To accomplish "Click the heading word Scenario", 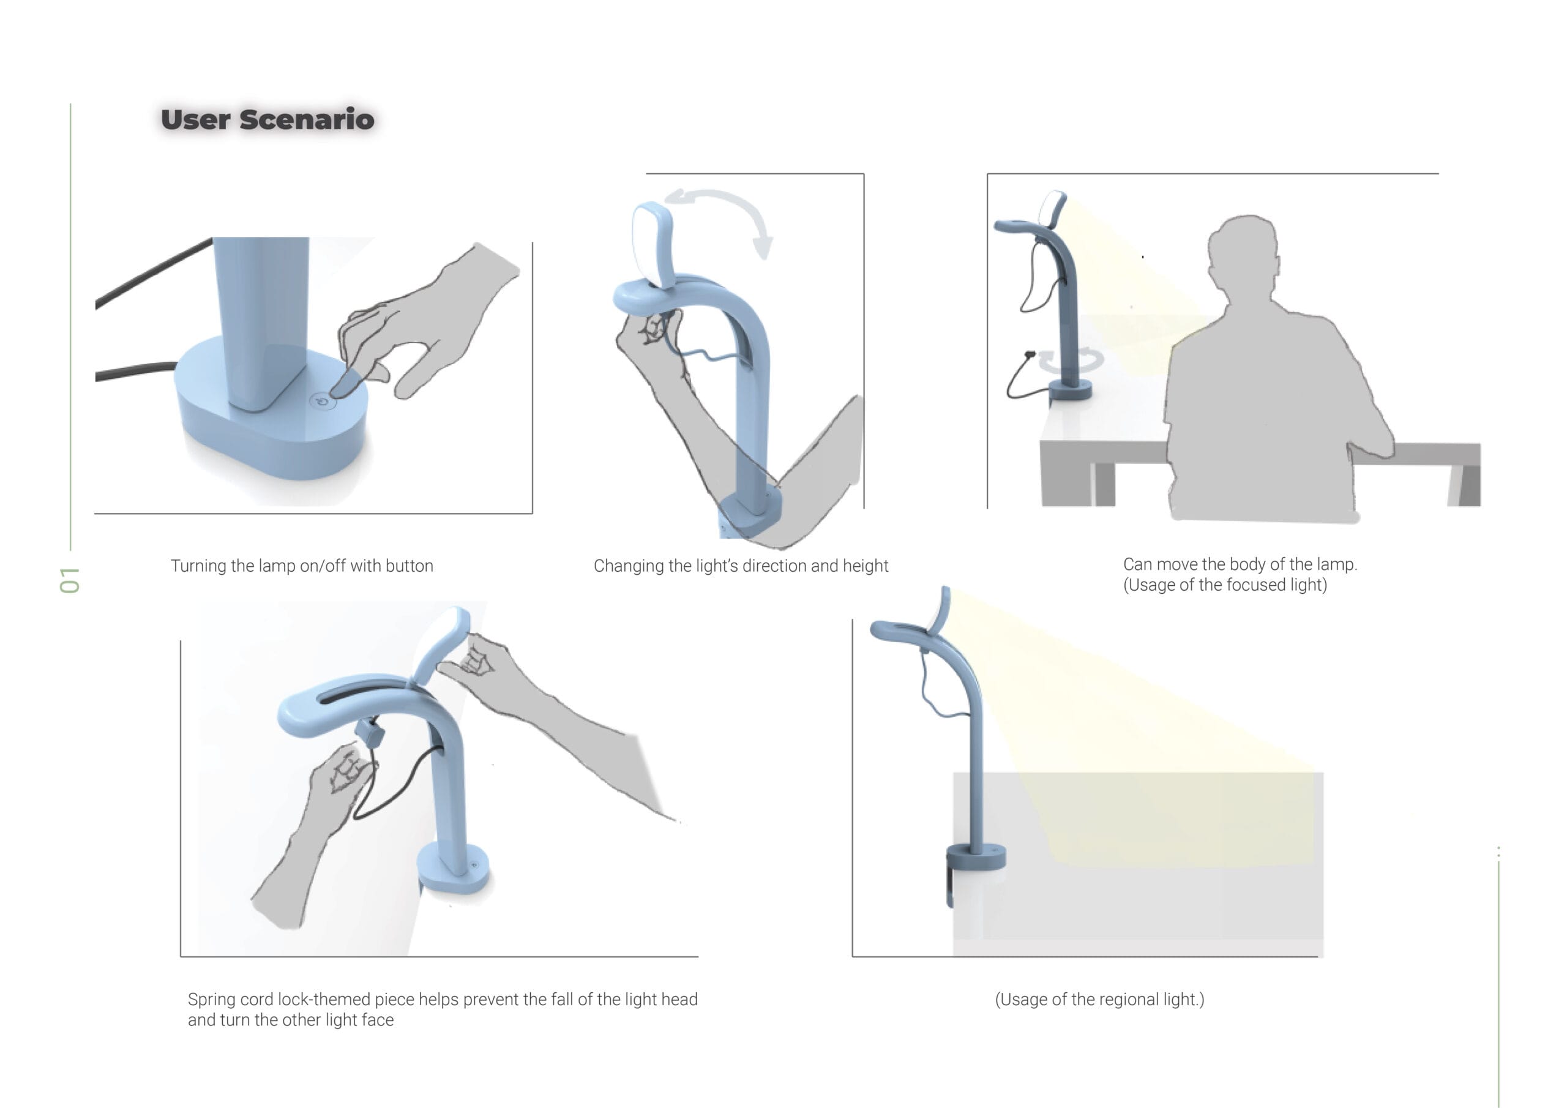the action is (307, 119).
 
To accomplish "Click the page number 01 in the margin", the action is (70, 580).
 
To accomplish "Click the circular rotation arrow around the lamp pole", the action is (1072, 361).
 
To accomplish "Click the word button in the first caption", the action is (410, 566).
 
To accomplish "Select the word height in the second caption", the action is (866, 566).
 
